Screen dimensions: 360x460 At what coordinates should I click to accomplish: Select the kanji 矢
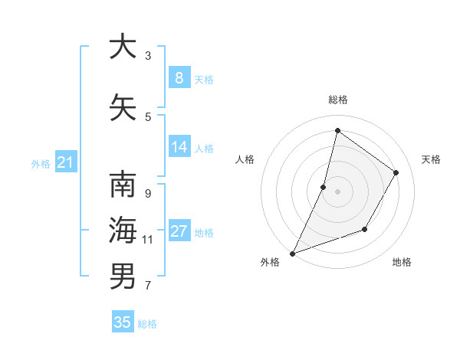123,107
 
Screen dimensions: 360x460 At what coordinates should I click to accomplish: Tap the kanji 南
123,186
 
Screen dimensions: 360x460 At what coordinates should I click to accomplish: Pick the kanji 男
123,276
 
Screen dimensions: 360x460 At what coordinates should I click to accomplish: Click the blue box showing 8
179,77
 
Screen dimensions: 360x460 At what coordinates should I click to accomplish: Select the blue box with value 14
179,147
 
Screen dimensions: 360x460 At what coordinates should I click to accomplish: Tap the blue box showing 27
179,231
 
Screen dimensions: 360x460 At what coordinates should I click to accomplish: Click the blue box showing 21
65,162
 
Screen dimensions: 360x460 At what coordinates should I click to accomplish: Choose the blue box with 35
123,322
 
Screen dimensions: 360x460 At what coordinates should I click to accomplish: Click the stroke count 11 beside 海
148,240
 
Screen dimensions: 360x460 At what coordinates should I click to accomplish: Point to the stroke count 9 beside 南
148,193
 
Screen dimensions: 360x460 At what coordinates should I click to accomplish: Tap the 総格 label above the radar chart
337,100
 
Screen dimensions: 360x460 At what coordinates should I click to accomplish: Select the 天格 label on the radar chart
431,159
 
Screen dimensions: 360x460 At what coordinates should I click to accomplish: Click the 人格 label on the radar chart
245,159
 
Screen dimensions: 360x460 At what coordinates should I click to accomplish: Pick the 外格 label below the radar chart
270,262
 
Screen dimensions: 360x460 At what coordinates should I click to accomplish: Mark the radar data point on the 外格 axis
292,253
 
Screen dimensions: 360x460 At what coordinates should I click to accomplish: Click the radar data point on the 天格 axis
396,172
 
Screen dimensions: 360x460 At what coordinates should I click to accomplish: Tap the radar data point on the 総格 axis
337,130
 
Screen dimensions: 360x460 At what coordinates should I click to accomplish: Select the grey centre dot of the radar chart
337,191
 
